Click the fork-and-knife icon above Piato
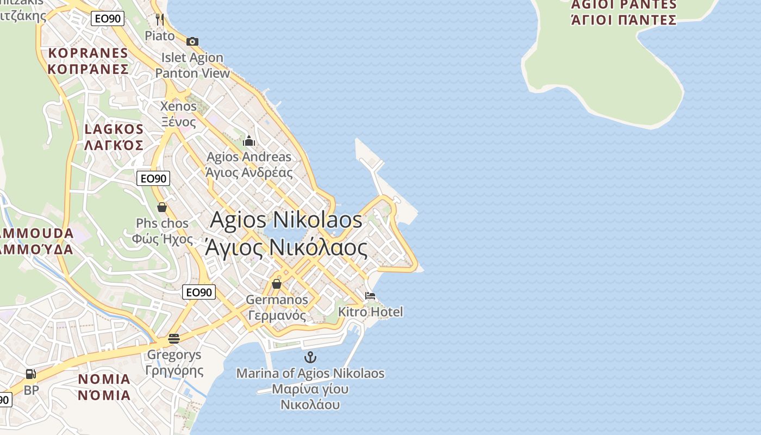click(x=159, y=20)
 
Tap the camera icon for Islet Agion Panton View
click(x=192, y=41)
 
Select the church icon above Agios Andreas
click(x=249, y=141)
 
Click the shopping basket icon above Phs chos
click(x=161, y=207)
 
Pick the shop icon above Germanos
click(x=276, y=284)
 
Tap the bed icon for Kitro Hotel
click(x=370, y=296)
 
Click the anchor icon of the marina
click(x=310, y=357)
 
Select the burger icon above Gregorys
click(x=174, y=339)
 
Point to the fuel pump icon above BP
click(x=31, y=374)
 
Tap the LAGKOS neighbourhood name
click(x=114, y=137)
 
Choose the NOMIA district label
click(x=104, y=387)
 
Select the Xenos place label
click(x=178, y=114)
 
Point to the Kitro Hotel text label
click(x=371, y=312)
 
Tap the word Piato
click(x=160, y=36)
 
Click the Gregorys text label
click(x=174, y=363)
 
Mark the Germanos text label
click(x=277, y=307)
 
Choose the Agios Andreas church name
click(x=249, y=165)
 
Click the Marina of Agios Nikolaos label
click(x=310, y=389)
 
